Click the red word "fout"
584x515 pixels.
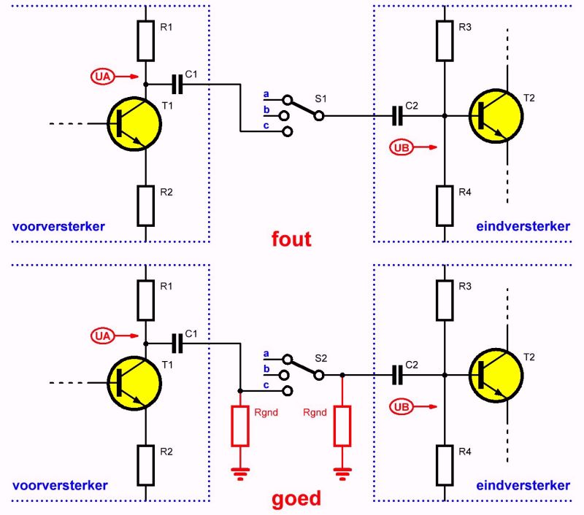tap(291, 239)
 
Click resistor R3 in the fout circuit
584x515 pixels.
tap(445, 39)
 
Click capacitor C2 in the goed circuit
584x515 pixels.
tap(397, 375)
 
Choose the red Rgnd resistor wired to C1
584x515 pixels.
tap(241, 426)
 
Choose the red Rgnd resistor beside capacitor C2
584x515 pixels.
tap(342, 426)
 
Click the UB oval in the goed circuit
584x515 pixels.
tap(401, 406)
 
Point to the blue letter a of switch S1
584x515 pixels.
tap(266, 94)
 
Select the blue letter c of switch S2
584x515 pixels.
tap(266, 384)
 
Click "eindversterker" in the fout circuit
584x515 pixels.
tap(523, 226)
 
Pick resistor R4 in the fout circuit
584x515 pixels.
tap(445, 205)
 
